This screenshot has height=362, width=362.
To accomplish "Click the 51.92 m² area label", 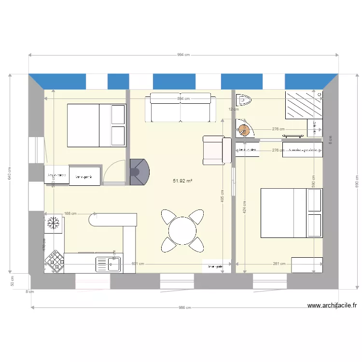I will tap(183, 181).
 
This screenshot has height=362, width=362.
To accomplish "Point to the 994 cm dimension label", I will tap(183, 55).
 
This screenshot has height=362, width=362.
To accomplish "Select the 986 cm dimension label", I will tap(185, 307).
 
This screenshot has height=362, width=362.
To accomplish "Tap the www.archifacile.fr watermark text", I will tap(332, 306).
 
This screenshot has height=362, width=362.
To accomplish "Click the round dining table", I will tap(182, 231).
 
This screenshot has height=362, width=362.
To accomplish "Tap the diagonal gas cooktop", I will tap(55, 261).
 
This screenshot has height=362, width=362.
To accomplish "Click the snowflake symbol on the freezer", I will tap(53, 223).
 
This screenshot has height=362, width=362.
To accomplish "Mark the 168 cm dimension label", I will tap(70, 213).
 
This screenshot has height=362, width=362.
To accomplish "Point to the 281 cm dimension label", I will tap(279, 264).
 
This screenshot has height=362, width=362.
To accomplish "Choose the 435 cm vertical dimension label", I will tap(222, 198).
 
